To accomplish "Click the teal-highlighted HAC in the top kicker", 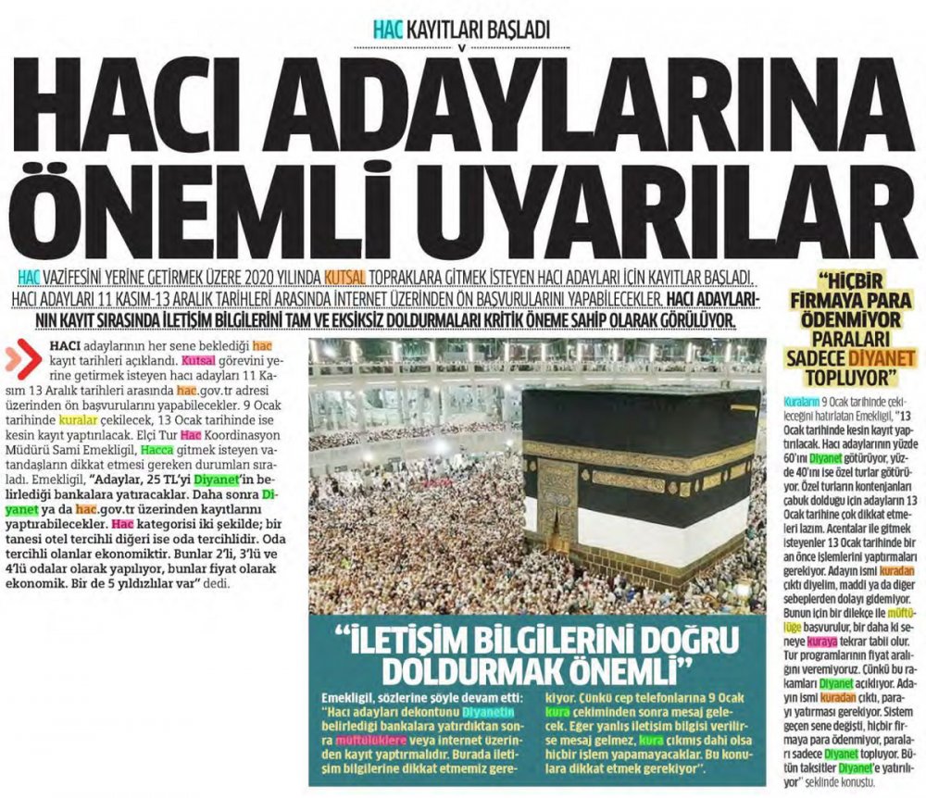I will click(x=389, y=30).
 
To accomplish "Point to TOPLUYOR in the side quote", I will click(x=849, y=376).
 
